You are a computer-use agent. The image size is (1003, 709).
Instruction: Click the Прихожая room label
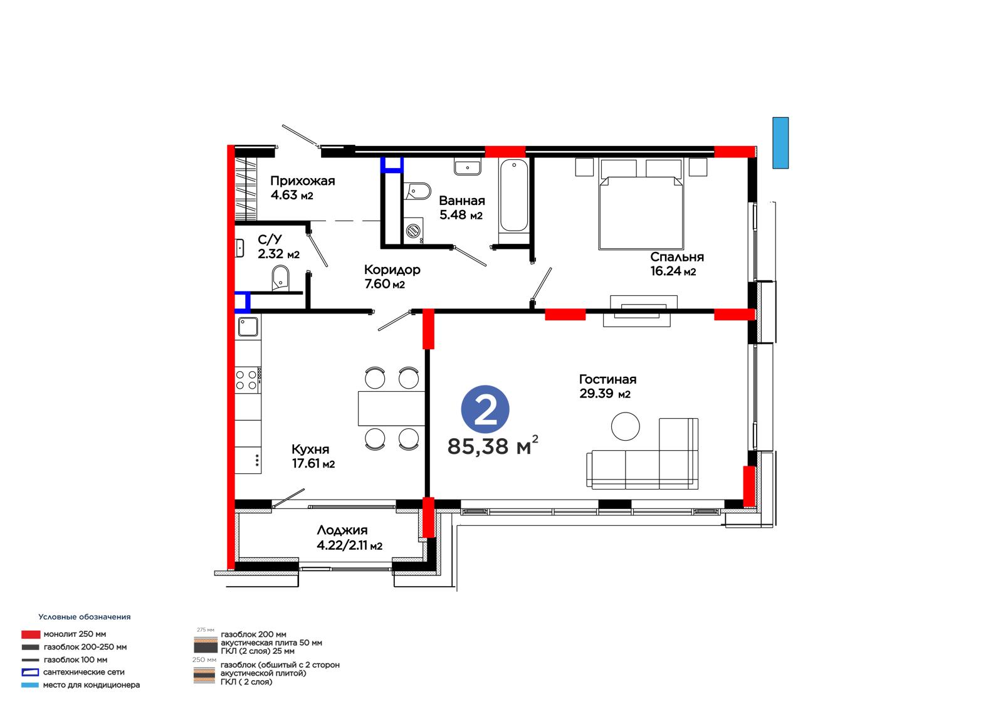pos(302,181)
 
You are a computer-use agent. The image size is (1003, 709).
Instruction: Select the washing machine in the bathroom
pos(414,231)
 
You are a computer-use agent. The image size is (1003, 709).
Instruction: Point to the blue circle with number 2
pos(485,409)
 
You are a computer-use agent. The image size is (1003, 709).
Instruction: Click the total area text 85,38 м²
pos(493,445)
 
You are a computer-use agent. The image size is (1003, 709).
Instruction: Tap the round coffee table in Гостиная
pos(625,426)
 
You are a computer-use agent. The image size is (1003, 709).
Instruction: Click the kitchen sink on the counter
pos(248,327)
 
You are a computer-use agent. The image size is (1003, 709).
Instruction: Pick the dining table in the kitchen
pos(391,408)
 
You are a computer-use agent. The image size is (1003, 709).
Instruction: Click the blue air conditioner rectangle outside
pos(780,143)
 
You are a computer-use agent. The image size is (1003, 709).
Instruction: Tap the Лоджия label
pos(342,530)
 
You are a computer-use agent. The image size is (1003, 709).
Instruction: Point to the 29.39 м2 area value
pos(604,394)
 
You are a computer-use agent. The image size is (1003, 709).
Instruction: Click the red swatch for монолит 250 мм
pos(31,634)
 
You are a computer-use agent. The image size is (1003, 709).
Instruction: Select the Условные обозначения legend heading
pos(85,617)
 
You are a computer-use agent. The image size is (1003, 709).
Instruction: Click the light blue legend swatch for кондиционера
pos(30,685)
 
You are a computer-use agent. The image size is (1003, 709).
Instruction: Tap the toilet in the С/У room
pos(280,278)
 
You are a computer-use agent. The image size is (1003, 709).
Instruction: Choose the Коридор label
pos(392,270)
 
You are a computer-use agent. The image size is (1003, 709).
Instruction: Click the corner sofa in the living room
pos(643,453)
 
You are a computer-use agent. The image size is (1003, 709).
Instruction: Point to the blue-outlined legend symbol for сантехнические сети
pos(30,672)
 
